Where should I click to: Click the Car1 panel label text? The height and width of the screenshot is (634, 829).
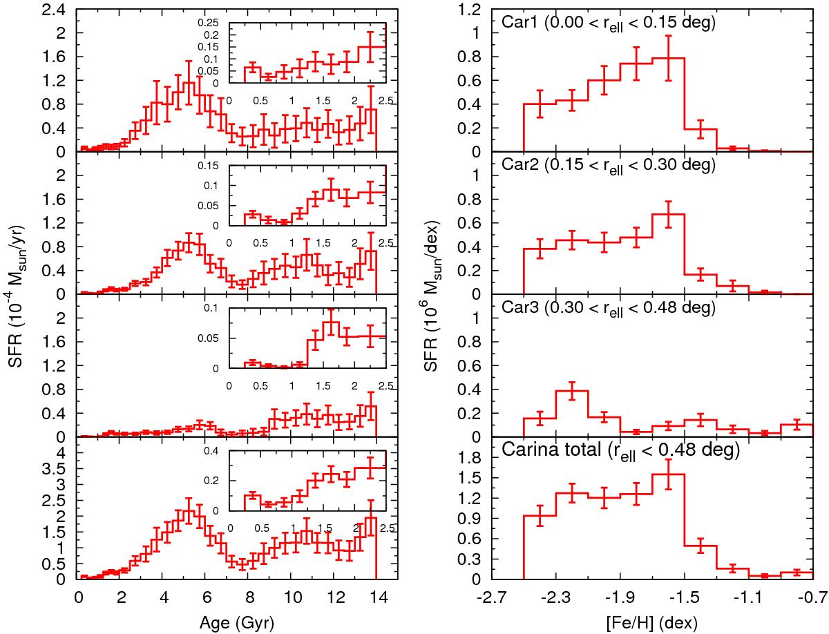pyautogui.click(x=609, y=23)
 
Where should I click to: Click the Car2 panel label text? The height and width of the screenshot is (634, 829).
pyautogui.click(x=609, y=166)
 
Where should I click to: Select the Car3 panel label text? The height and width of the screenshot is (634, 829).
pyautogui.click(x=609, y=309)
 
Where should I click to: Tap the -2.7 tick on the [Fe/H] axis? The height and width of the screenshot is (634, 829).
pyautogui.click(x=492, y=595)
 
